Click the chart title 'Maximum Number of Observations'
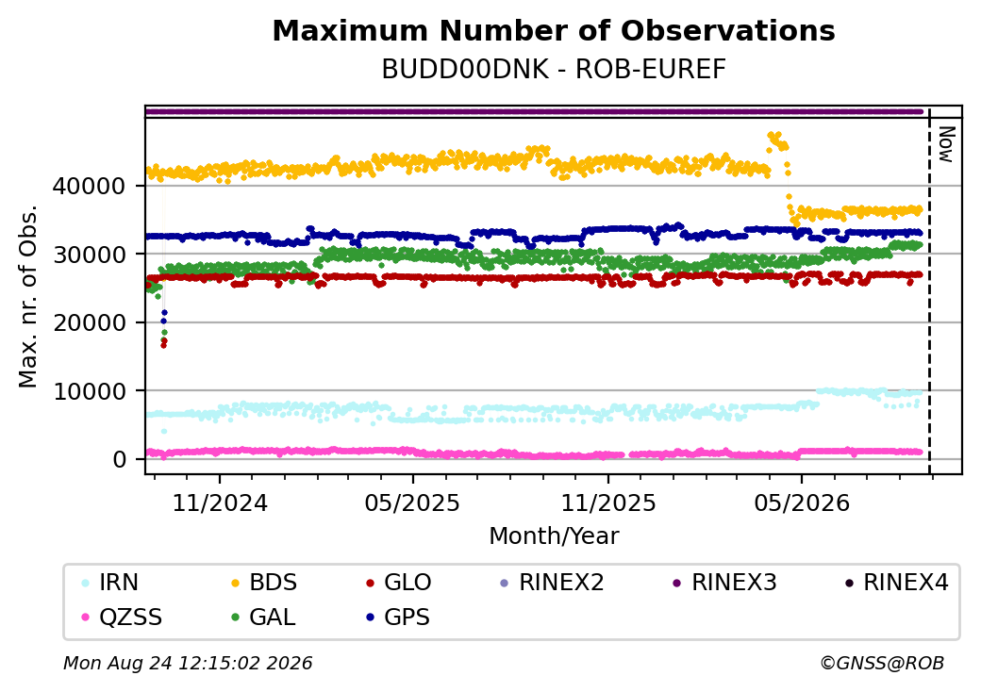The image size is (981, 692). pyautogui.click(x=554, y=30)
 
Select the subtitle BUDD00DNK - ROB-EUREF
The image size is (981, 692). pyautogui.click(x=554, y=70)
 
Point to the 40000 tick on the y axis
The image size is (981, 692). pyautogui.click(x=90, y=186)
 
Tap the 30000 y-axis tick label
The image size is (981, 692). pyautogui.click(x=90, y=255)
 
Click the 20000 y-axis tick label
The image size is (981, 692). pyautogui.click(x=90, y=322)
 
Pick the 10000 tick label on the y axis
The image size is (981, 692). pyautogui.click(x=90, y=391)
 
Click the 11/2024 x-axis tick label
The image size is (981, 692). pyautogui.click(x=220, y=503)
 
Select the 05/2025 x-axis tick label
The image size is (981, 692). pyautogui.click(x=412, y=503)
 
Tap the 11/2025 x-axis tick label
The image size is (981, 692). pyautogui.click(x=608, y=503)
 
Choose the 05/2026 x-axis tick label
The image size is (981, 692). pyautogui.click(x=802, y=503)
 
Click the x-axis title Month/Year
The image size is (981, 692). pyautogui.click(x=554, y=536)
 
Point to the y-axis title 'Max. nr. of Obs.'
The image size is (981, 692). pyautogui.click(x=28, y=296)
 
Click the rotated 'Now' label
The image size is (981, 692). pyautogui.click(x=946, y=144)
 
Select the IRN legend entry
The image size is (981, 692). pyautogui.click(x=110, y=583)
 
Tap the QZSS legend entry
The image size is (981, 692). pyautogui.click(x=122, y=618)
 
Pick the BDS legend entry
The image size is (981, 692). pyautogui.click(x=264, y=583)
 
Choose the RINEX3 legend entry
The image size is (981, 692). pyautogui.click(x=724, y=583)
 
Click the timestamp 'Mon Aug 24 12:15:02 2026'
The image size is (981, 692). pyautogui.click(x=188, y=663)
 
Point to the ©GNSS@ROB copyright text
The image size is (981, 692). pyautogui.click(x=882, y=663)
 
